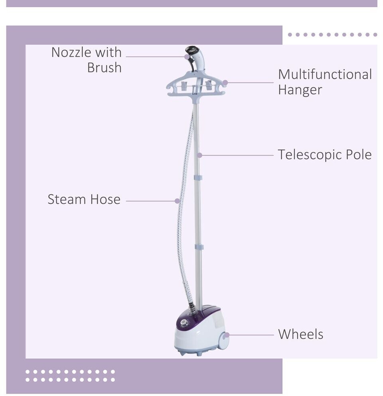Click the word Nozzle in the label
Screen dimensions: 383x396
pyautogui.click(x=69, y=52)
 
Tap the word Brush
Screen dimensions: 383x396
pyautogui.click(x=104, y=67)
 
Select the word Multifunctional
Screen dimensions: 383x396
pyautogui.click(x=324, y=75)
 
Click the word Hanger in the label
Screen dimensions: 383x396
pyautogui.click(x=300, y=90)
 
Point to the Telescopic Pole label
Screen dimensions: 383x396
pyautogui.click(x=324, y=155)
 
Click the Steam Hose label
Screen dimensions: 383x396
pyautogui.click(x=84, y=199)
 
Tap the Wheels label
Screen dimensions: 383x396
pyautogui.click(x=301, y=334)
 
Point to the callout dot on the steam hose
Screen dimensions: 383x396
pyautogui.click(x=177, y=201)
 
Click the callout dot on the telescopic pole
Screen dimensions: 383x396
pyautogui.click(x=200, y=155)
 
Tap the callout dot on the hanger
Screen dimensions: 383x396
pyautogui.click(x=225, y=83)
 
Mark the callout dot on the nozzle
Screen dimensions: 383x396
pyautogui.click(x=187, y=57)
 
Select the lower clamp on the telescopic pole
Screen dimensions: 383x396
pyautogui.click(x=199, y=247)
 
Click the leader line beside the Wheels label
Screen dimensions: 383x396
pyautogui.click(x=251, y=335)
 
